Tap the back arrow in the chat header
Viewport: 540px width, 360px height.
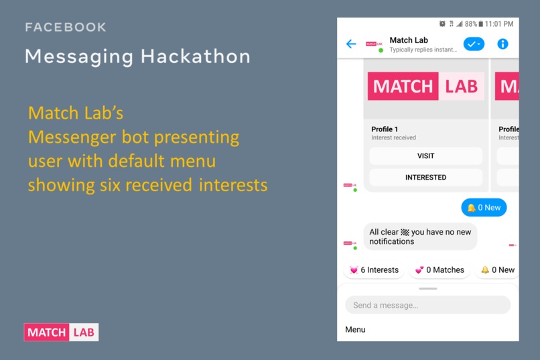click(x=351, y=44)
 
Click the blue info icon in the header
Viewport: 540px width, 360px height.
click(x=502, y=44)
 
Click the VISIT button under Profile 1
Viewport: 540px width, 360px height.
click(x=425, y=156)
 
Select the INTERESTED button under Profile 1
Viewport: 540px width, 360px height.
click(x=425, y=178)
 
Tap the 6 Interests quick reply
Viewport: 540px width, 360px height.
click(x=374, y=270)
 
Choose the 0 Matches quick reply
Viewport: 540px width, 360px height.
click(x=439, y=270)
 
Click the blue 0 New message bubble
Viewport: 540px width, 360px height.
click(x=484, y=208)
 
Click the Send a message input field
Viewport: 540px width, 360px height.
click(x=427, y=305)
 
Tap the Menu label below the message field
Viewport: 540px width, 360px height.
click(x=355, y=330)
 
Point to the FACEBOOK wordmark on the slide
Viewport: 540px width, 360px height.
click(x=66, y=27)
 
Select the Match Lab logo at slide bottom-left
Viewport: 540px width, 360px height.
click(x=61, y=332)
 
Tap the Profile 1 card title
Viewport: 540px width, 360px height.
click(x=385, y=129)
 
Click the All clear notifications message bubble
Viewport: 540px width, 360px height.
click(x=420, y=237)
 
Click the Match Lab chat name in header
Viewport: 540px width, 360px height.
click(x=409, y=40)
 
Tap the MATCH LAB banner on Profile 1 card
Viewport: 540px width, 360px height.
click(x=425, y=86)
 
